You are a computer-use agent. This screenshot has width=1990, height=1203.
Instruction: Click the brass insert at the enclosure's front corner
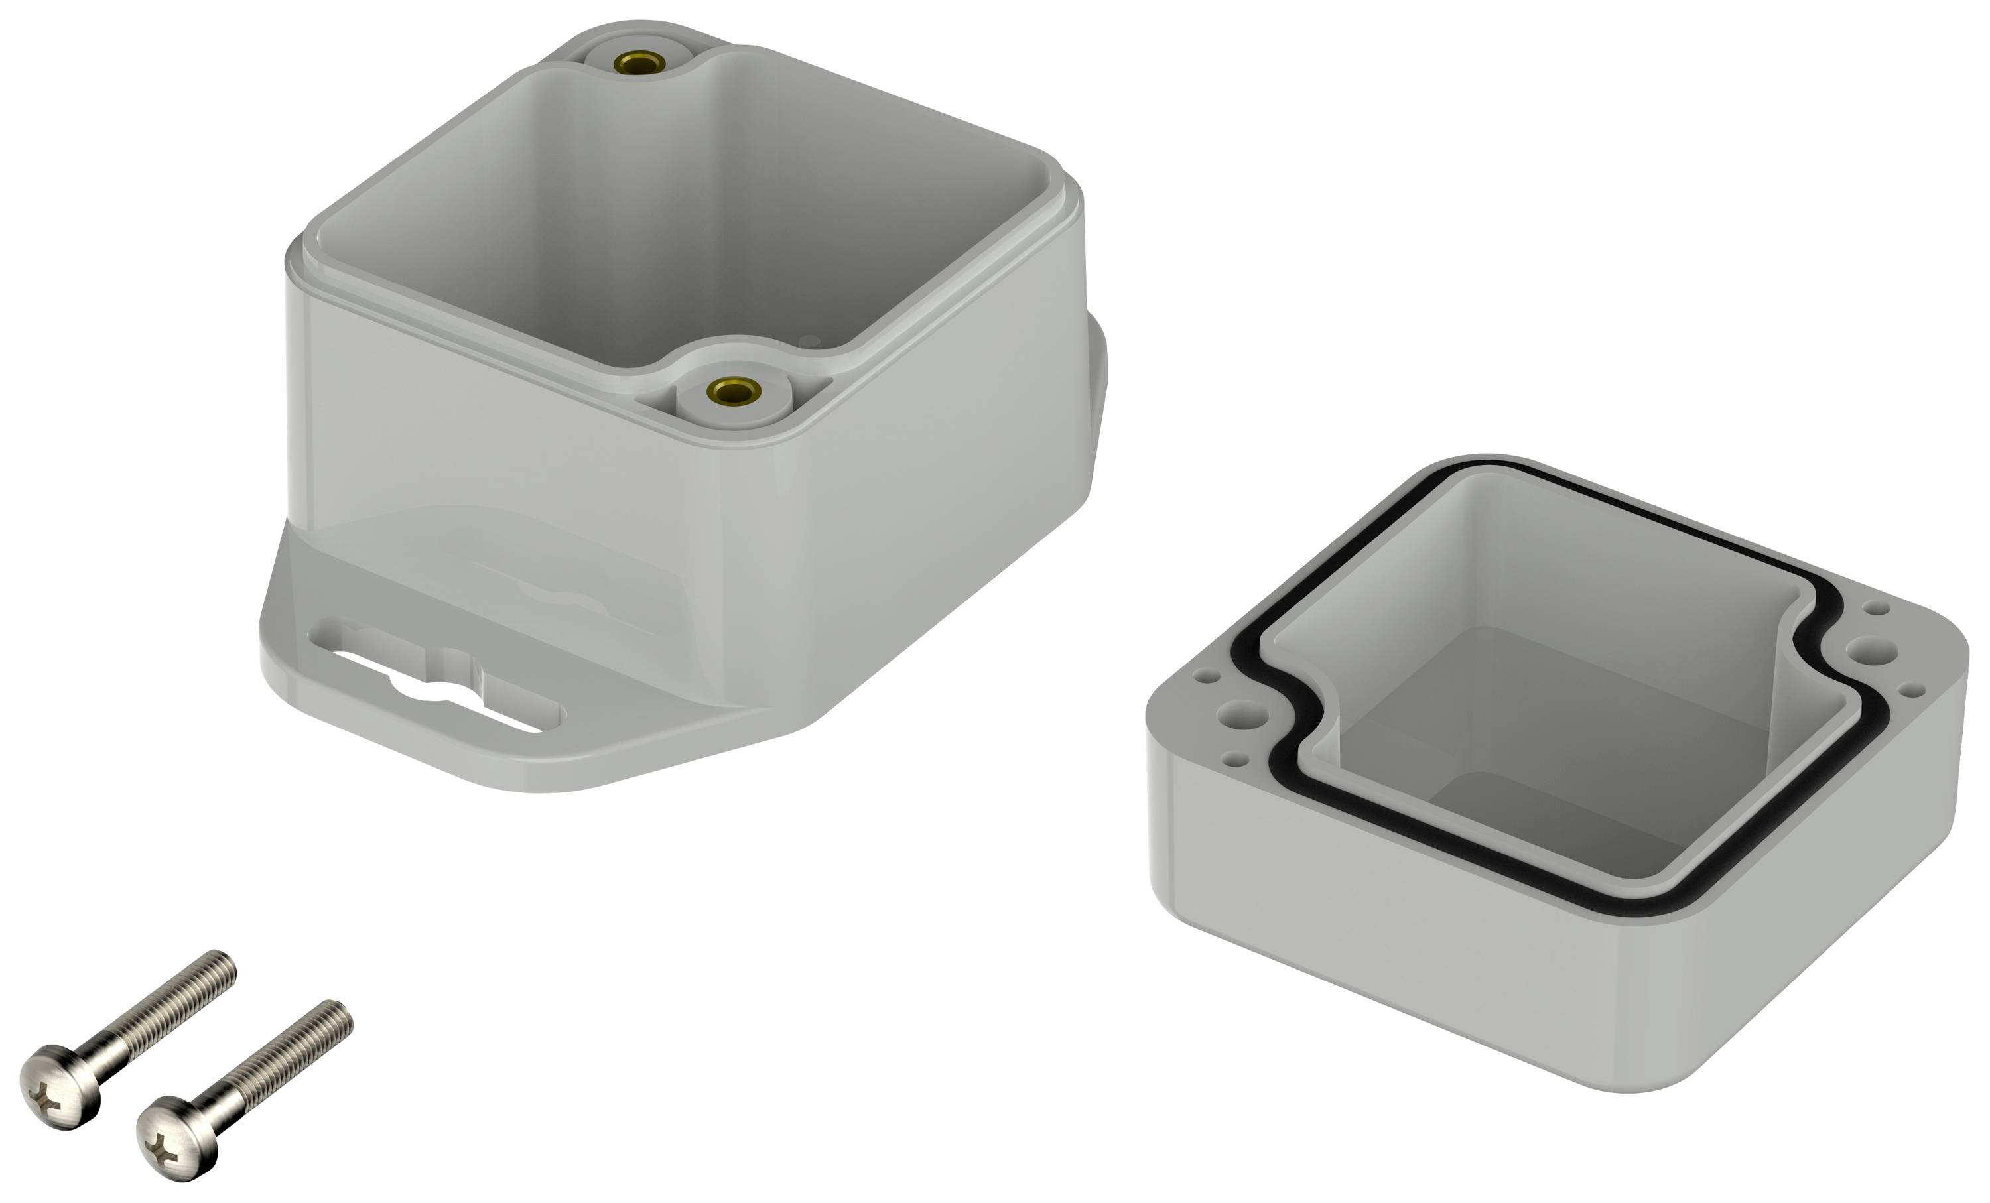(x=734, y=391)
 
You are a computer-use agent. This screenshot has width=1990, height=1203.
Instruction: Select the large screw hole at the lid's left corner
(x=1244, y=714)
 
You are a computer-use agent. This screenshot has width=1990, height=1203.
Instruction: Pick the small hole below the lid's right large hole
(x=1912, y=690)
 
